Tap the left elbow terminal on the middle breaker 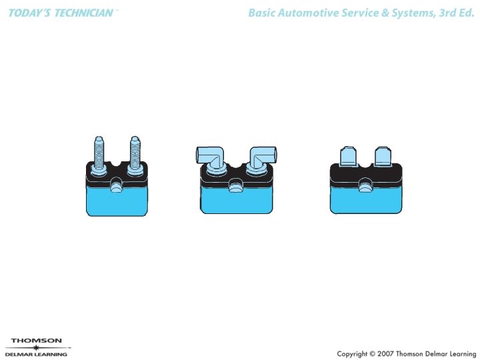coord(209,157)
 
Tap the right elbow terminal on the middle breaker coord(263,157)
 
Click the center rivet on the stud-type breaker coord(117,187)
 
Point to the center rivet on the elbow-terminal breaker coord(235,187)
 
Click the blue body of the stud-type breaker coord(117,203)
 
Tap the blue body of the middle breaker coord(236,203)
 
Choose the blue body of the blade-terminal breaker coord(366,203)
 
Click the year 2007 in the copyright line coord(381,353)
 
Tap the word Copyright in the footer coord(351,353)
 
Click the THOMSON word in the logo coord(36,341)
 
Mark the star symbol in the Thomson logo coord(36,348)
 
